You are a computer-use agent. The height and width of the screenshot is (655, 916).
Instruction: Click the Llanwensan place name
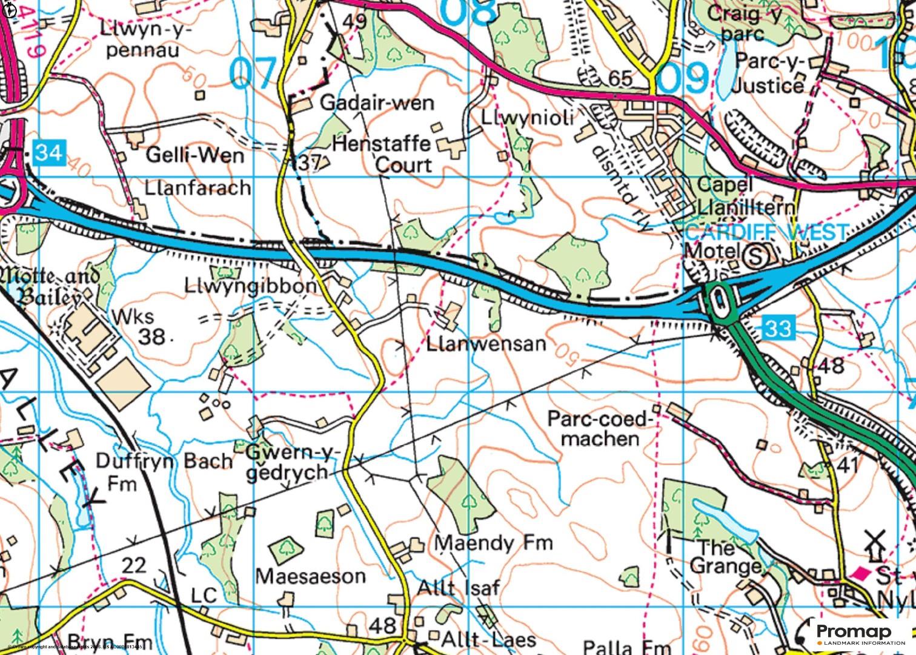486,344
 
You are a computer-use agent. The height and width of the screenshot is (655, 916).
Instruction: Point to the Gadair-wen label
377,102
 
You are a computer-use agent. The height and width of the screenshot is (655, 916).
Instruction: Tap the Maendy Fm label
494,542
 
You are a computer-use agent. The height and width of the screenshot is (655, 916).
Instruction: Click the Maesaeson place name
310,576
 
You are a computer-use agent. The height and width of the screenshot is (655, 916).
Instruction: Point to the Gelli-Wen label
195,156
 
